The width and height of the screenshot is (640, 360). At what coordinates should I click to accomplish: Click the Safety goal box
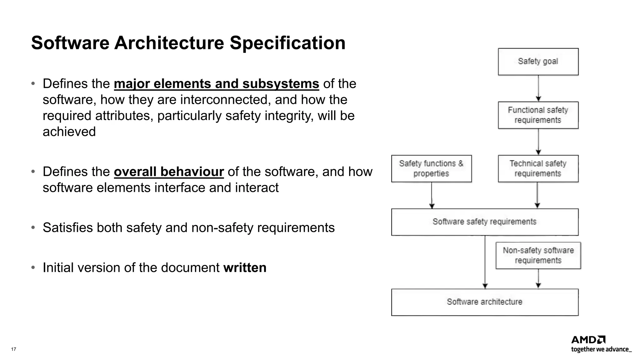pyautogui.click(x=538, y=62)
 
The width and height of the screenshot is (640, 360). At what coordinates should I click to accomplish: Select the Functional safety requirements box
pyautogui.click(x=538, y=115)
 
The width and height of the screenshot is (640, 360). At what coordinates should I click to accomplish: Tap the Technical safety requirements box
pyautogui.click(x=538, y=168)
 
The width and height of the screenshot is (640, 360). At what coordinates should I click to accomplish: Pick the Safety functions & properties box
pyautogui.click(x=431, y=168)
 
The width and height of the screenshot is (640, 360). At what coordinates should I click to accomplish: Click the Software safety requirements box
pyautogui.click(x=484, y=222)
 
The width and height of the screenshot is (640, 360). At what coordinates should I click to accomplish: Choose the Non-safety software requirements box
pyautogui.click(x=538, y=255)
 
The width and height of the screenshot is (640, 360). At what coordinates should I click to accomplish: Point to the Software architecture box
pyautogui.click(x=484, y=302)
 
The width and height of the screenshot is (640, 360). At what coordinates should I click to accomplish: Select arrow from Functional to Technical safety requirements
pyautogui.click(x=538, y=142)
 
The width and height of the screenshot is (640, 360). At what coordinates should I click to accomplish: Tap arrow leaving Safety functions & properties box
pyautogui.click(x=432, y=195)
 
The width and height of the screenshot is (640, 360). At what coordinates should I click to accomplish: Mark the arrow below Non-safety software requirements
pyautogui.click(x=538, y=278)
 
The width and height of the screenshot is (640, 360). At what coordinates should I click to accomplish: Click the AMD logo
pyautogui.click(x=588, y=340)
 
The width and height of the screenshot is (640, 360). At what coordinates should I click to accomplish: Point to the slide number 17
pyautogui.click(x=13, y=349)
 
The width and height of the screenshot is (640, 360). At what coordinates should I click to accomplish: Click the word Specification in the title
pyautogui.click(x=287, y=43)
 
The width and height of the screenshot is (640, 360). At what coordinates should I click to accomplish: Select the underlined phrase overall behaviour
pyautogui.click(x=169, y=172)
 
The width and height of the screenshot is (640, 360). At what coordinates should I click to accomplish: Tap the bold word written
pyautogui.click(x=245, y=267)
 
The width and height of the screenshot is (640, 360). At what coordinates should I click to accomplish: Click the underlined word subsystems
pyautogui.click(x=281, y=84)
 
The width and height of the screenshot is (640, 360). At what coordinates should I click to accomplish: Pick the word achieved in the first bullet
pyautogui.click(x=69, y=132)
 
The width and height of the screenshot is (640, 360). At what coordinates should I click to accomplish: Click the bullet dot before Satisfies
pyautogui.click(x=33, y=227)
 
